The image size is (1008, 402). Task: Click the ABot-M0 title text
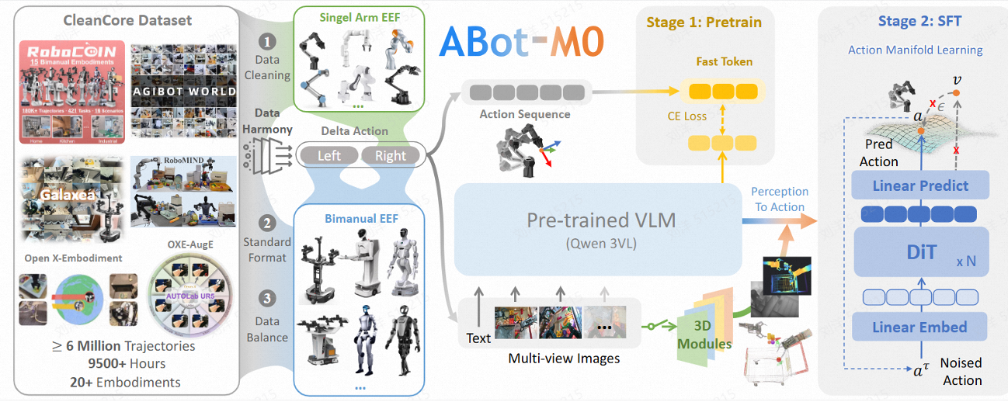521,44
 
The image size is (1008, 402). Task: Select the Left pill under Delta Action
329,155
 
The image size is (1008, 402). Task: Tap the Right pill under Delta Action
390,155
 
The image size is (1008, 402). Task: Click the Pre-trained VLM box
590,229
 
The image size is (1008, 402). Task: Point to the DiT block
920,252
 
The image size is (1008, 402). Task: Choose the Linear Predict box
920,186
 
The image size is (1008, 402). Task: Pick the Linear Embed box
920,327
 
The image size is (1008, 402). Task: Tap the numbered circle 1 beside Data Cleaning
267,40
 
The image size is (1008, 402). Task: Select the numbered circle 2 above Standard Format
267,224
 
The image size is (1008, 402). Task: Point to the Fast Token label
724,62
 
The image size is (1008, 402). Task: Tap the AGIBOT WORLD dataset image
184,91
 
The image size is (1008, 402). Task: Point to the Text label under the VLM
478,338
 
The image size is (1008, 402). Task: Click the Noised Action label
961,371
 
